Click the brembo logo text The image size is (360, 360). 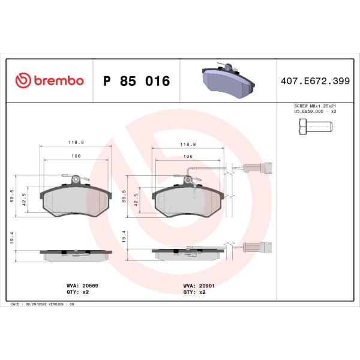tap(59, 80)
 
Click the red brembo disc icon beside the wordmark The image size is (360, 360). tap(23, 80)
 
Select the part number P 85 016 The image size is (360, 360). tap(137, 81)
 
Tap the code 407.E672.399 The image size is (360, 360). tap(315, 81)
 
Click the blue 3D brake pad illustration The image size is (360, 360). tap(228, 80)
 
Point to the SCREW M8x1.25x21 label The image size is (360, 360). tap(315, 106)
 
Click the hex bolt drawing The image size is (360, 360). tap(316, 127)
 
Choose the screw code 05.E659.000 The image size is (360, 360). tap(308, 112)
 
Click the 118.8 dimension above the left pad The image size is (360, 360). tap(76, 142)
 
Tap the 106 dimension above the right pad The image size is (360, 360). tap(188, 157)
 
